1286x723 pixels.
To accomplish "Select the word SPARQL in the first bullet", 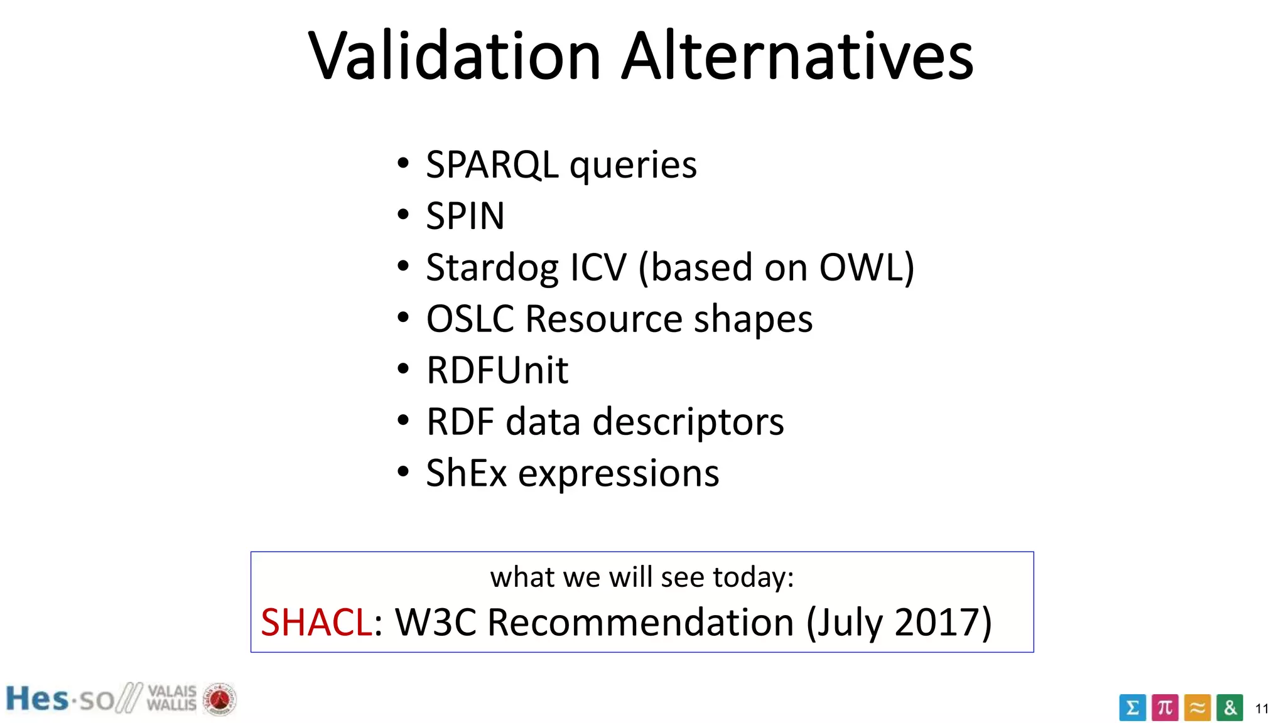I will [492, 165].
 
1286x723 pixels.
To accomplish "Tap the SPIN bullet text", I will [465, 217].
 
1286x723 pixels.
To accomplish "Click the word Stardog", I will [492, 268].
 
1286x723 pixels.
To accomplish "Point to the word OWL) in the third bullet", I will [867, 268].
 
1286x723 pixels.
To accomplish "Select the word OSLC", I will [470, 319].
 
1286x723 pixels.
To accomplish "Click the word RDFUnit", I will [497, 370].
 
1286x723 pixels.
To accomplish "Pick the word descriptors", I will [688, 422].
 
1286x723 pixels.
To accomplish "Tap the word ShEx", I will [466, 473].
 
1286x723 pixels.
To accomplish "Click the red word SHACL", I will [316, 623].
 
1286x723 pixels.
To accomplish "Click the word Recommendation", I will [640, 623].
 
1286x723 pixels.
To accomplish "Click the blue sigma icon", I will [1132, 708].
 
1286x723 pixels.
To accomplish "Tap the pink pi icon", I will [1165, 708].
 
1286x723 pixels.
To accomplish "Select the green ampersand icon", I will [1229, 708].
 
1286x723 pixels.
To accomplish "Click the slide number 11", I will [1262, 709].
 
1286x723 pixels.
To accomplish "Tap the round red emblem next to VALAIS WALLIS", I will [219, 699].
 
